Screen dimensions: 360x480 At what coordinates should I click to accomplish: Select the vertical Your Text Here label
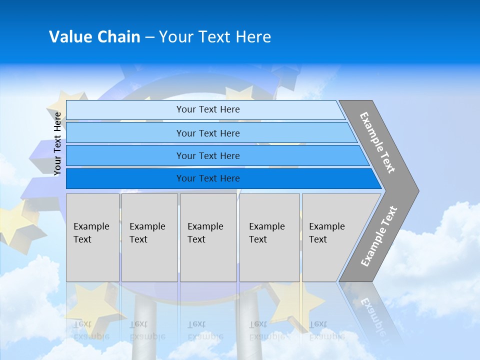(57, 143)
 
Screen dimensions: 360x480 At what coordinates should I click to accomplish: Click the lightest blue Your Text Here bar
(208, 109)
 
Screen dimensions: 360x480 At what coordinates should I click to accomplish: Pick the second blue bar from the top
(208, 133)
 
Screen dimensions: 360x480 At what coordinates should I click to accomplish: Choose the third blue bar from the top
(208, 155)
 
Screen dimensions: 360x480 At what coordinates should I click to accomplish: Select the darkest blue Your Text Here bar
(208, 178)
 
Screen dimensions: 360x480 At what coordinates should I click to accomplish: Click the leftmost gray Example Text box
(92, 237)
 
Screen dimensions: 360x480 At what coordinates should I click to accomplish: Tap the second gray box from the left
(149, 237)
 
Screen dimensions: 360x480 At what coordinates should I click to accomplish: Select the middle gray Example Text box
(208, 237)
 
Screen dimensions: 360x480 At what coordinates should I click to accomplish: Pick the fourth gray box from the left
(269, 237)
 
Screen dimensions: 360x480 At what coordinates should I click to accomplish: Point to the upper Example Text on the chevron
(378, 142)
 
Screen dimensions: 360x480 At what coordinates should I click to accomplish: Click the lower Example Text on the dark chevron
(379, 236)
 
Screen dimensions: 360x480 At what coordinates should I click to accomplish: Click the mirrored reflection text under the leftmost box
(91, 330)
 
